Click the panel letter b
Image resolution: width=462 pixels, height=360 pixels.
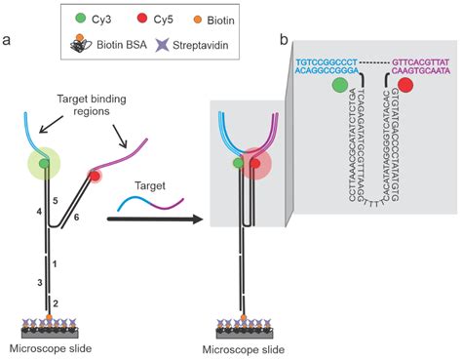pos(286,39)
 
